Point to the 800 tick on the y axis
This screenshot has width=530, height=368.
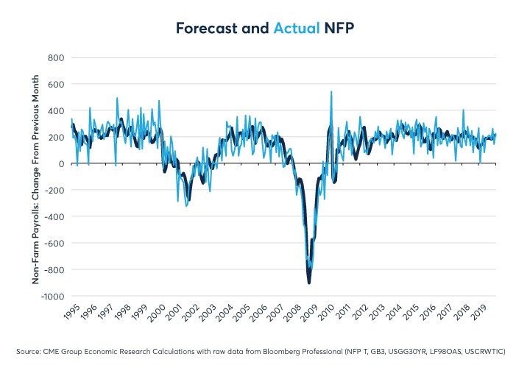(x=56, y=57)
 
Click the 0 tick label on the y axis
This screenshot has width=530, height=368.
(x=62, y=163)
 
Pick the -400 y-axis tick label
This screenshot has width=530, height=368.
(x=54, y=217)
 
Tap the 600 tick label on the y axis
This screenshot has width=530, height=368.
(x=56, y=84)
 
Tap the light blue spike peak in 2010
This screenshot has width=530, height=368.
(x=331, y=92)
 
